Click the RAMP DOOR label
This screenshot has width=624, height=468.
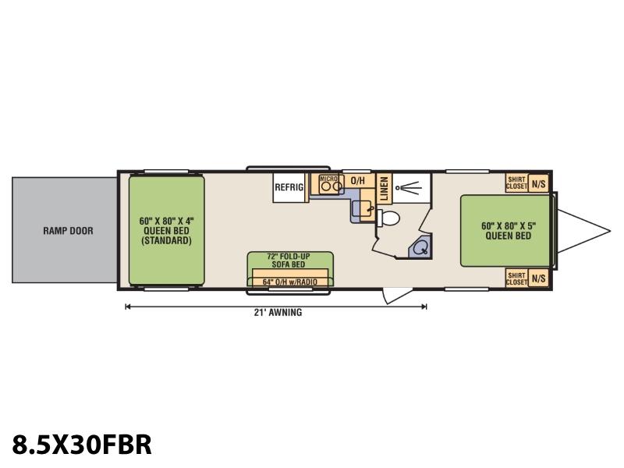pos(68,230)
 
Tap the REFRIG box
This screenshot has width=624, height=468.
pos(290,187)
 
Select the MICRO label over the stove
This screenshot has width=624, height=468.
pos(328,179)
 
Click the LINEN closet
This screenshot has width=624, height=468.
pos(384,188)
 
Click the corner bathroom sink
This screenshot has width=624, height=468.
pos(420,247)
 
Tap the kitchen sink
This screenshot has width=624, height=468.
pos(363,208)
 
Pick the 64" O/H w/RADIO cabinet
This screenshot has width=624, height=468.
pos(290,278)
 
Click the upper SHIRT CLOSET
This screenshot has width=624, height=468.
pos(516,183)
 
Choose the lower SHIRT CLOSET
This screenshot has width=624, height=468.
pos(516,278)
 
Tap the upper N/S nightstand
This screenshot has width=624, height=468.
pos(538,183)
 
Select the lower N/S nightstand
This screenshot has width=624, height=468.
pos(538,278)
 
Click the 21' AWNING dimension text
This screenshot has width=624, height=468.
pos(278,313)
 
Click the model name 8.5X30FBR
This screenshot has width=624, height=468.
pos(82,444)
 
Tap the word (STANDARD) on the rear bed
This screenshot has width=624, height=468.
pos(166,240)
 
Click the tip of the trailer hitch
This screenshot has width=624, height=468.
pos(610,230)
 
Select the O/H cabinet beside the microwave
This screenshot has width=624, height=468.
pos(358,181)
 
